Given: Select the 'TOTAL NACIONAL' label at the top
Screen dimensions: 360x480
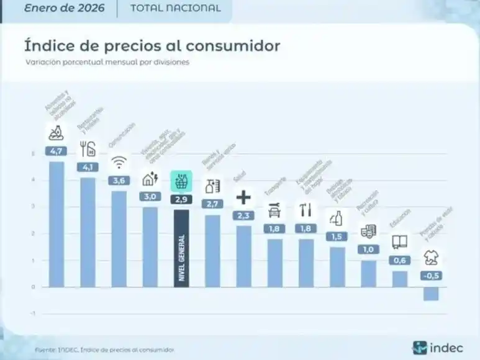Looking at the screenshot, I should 175,9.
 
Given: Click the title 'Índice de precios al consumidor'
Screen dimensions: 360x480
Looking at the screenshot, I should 152,46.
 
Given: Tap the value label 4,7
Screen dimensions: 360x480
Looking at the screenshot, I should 57,150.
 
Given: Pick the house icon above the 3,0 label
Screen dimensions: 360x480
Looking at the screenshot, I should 150,179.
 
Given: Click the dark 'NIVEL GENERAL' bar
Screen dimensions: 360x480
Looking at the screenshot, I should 181,248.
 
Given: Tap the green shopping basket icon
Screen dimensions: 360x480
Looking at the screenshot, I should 181,181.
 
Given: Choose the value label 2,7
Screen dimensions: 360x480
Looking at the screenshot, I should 212,203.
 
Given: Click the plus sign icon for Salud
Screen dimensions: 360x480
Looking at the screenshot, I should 243,197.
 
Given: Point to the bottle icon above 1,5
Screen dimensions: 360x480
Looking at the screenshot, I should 337,218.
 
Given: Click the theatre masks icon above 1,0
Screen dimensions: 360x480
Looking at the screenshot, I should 368,232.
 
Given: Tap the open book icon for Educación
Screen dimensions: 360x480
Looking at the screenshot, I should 399,243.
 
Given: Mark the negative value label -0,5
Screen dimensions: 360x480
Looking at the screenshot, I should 430,276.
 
